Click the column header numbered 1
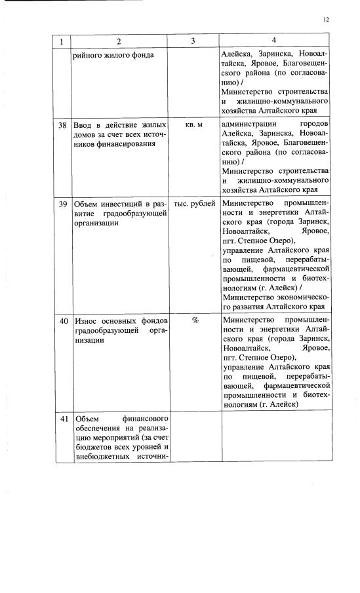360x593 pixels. [62, 41]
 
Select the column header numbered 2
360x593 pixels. [119, 41]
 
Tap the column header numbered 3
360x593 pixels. [193, 41]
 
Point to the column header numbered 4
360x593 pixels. [273, 41]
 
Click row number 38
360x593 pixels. [64, 124]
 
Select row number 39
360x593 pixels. [64, 204]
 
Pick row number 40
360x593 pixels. [64, 321]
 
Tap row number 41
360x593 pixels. [64, 419]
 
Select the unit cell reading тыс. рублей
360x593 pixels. [194, 204]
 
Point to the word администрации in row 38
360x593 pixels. [250, 124]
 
